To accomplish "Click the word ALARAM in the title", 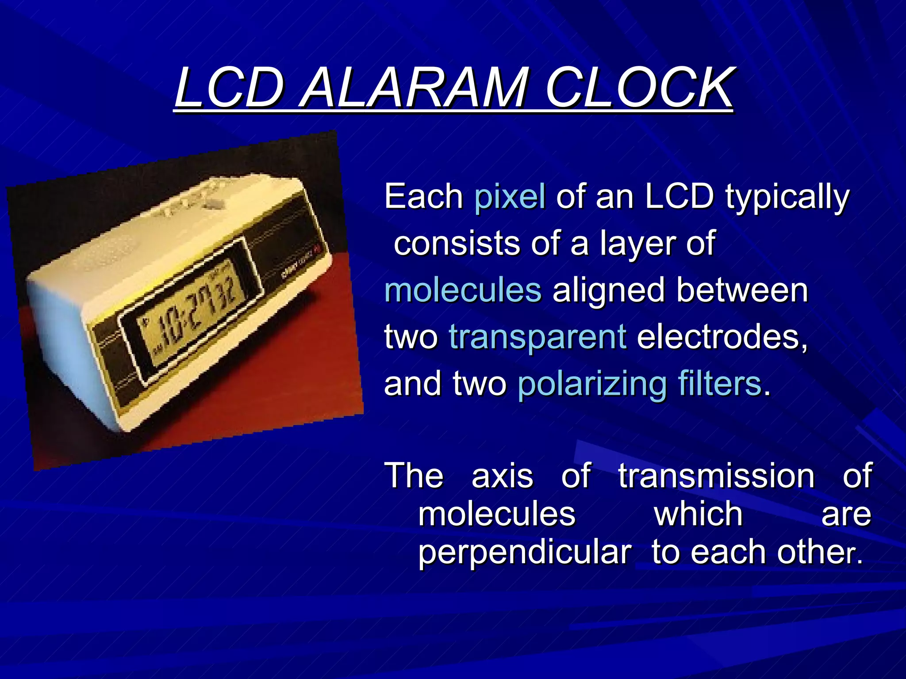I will point(413,88).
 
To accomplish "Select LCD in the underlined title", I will point(229,88).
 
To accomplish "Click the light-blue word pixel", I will point(510,196).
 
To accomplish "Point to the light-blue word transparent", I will point(537,337).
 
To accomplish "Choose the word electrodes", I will point(722,337).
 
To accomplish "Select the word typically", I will point(787,197).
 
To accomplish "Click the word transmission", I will point(716,476).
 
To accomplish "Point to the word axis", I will point(502,477).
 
